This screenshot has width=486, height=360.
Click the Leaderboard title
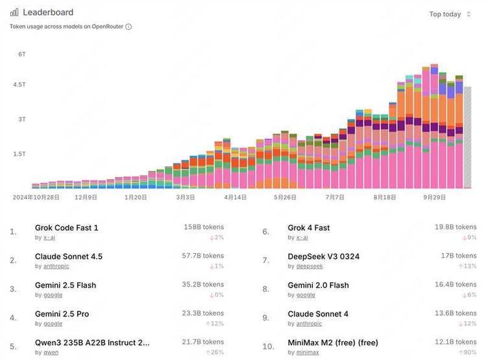(48, 12)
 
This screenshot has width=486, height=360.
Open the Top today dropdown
(450, 14)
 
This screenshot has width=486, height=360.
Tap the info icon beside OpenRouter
(128, 27)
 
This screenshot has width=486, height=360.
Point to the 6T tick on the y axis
(21, 54)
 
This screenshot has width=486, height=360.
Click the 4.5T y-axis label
(19, 84)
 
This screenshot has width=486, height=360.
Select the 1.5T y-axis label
(19, 154)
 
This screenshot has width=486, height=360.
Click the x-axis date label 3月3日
(185, 197)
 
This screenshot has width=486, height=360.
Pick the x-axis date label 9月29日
(434, 197)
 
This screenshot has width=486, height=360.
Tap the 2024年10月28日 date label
(36, 197)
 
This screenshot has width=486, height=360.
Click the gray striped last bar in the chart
(467, 138)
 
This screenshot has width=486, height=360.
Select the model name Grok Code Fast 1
(66, 228)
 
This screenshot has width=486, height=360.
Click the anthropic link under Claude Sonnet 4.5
(56, 267)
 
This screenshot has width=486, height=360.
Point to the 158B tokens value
(203, 227)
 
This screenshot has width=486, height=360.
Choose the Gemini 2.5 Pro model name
(62, 314)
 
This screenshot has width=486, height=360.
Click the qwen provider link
(51, 353)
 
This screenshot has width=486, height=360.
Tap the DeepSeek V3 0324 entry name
(323, 257)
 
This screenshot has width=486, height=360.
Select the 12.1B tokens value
(456, 342)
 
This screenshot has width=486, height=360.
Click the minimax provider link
(307, 353)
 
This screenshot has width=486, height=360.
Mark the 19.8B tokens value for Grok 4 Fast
(456, 227)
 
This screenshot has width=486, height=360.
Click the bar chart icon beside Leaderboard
(14, 12)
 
